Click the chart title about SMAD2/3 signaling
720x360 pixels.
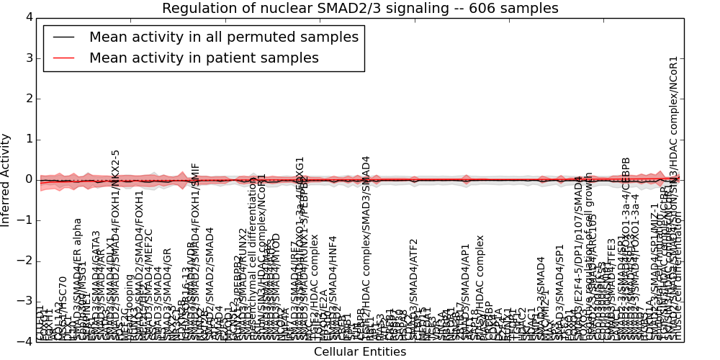pyautogui.click(x=360, y=9)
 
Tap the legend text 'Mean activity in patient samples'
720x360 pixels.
pyautogui.click(x=204, y=58)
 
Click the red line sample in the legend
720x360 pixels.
pyautogui.click(x=63, y=58)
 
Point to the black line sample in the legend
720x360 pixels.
pyautogui.click(x=63, y=37)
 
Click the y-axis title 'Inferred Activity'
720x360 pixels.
pyautogui.click(x=6, y=179)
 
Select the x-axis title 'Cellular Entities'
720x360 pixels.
pyautogui.click(x=360, y=352)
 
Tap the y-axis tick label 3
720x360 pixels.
pyautogui.click(x=29, y=58)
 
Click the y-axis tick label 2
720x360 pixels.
pyautogui.click(x=29, y=98)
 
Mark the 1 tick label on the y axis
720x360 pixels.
pyautogui.click(x=29, y=139)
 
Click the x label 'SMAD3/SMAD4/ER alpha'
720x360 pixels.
pyautogui.click(x=78, y=277)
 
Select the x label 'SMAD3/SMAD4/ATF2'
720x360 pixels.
pyautogui.click(x=413, y=288)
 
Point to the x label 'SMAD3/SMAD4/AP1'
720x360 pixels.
pyautogui.click(x=465, y=291)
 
